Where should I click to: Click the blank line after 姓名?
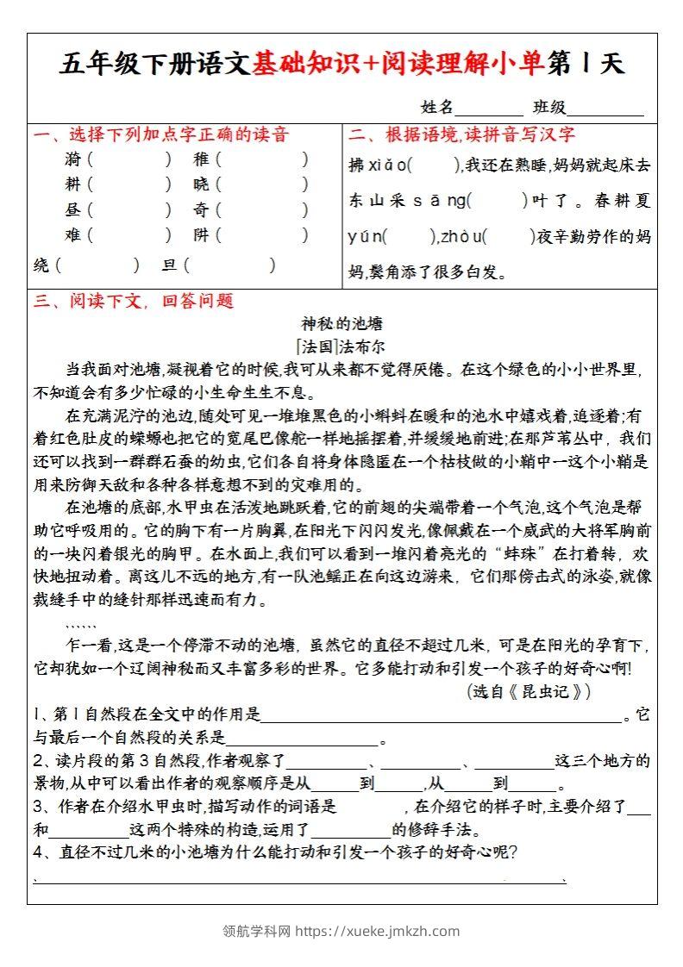[488, 109]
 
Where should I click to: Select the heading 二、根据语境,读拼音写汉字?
[462, 134]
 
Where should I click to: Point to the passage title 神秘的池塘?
[341, 324]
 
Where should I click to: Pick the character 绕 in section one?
[41, 265]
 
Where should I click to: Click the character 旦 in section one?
[169, 265]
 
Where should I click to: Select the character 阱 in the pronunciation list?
[202, 234]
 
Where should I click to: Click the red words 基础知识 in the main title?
[298, 63]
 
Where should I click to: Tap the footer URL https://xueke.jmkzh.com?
[378, 931]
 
